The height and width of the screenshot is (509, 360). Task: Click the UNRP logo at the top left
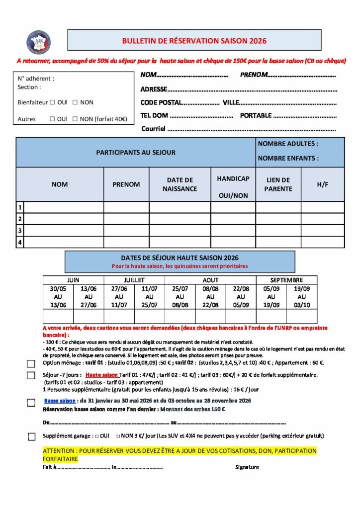point(39,42)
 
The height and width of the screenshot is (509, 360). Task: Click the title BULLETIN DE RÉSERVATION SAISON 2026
point(194,41)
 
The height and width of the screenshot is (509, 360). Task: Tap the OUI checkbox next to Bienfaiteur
point(52,102)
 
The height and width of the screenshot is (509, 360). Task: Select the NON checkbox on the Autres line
point(75,119)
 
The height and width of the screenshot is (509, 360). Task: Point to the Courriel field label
point(153,129)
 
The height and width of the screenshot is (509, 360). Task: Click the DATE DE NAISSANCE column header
point(180,184)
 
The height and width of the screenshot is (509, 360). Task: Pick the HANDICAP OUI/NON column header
point(233,187)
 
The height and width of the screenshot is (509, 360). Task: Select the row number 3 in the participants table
point(20,231)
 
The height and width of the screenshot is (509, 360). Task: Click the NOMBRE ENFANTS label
point(288,159)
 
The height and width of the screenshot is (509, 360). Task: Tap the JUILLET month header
point(134,280)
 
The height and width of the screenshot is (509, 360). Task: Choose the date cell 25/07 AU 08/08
point(180,297)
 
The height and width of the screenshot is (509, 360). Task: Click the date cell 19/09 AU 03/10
point(302,297)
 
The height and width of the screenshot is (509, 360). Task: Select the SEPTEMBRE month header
point(286,280)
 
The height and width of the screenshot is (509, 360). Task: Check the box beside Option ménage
point(31,363)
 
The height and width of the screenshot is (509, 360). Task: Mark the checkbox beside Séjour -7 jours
point(31,375)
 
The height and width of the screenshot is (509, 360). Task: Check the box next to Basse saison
point(31,403)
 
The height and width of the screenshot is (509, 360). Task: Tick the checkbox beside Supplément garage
point(32,437)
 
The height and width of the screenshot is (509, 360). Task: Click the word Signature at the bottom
point(247,467)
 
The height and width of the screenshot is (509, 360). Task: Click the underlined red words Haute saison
point(102,375)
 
